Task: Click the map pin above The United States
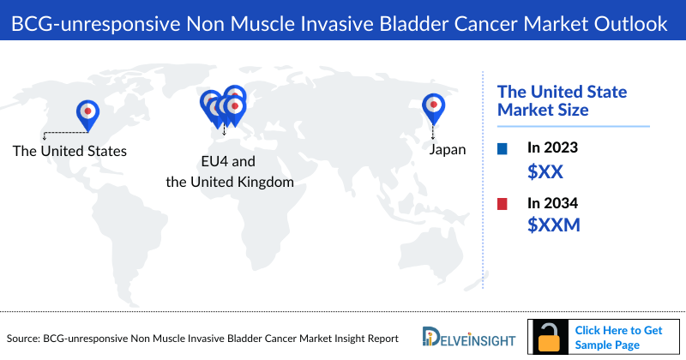[87, 112]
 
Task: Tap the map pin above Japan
[433, 105]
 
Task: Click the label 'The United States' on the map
[69, 151]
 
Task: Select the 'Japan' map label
[448, 149]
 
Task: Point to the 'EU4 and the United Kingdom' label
[229, 171]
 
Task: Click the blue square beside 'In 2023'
[502, 149]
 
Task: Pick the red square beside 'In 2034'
[502, 204]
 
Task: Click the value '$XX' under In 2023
[545, 171]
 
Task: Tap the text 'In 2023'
[552, 148]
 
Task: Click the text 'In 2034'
[552, 203]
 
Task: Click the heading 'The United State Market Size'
[563, 101]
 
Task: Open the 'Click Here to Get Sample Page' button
[618, 337]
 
